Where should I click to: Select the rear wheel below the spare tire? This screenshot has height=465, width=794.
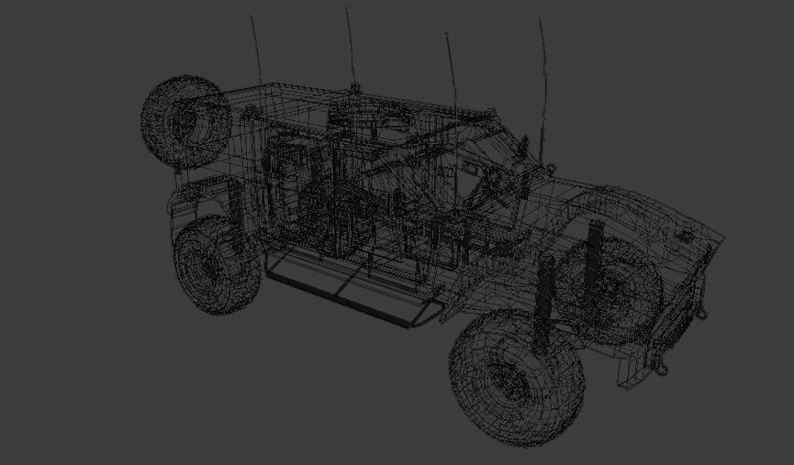point(217,267)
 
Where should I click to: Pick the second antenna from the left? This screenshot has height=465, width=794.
point(350,46)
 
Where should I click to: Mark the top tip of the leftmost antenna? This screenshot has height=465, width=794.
point(252,17)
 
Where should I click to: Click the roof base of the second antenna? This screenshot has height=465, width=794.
point(354,88)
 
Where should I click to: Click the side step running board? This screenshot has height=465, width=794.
point(349,289)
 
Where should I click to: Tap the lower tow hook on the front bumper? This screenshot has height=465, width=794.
point(662,365)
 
